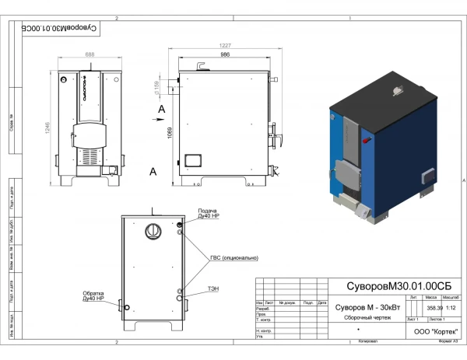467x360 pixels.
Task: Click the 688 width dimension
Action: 90,54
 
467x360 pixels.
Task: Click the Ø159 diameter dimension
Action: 157,83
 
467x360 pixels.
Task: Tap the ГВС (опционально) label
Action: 233,257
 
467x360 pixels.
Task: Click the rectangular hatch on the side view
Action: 191,162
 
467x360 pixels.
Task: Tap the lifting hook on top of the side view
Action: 202,65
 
